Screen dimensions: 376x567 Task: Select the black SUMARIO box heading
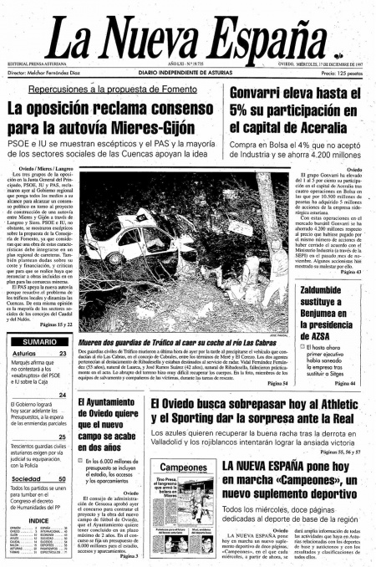click(39, 342)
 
